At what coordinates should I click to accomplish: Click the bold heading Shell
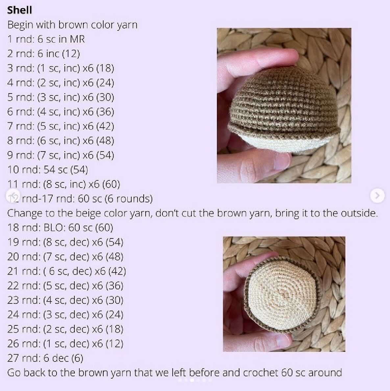coord(19,10)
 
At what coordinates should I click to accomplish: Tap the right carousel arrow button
coord(377,196)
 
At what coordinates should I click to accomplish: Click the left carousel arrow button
coord(13,196)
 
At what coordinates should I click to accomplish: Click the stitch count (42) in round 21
coord(117,271)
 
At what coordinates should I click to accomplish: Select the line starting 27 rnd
coord(45,358)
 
